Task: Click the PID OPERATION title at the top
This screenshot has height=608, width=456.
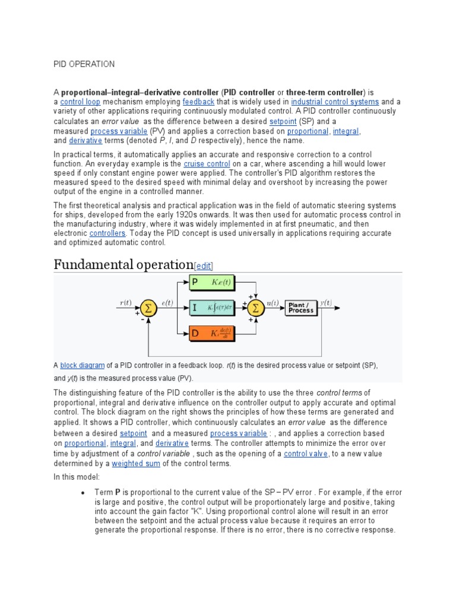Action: click(84, 64)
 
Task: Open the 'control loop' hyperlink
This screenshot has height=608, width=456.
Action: click(80, 102)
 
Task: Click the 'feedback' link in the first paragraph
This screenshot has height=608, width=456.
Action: click(198, 102)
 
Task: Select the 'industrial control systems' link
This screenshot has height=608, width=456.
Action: click(335, 102)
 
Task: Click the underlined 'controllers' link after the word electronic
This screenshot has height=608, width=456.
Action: click(107, 233)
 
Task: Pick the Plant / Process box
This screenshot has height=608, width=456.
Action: click(300, 308)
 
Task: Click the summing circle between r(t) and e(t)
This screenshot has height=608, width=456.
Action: click(147, 308)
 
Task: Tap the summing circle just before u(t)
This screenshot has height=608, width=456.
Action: click(256, 308)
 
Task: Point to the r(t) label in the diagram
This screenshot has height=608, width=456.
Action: click(126, 302)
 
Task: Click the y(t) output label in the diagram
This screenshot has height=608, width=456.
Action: click(326, 302)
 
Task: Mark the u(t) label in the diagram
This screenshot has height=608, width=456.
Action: click(273, 302)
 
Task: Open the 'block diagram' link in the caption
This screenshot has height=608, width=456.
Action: click(83, 365)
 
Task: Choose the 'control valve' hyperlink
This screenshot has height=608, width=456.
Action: click(305, 454)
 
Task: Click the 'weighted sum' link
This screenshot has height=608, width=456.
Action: click(136, 464)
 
